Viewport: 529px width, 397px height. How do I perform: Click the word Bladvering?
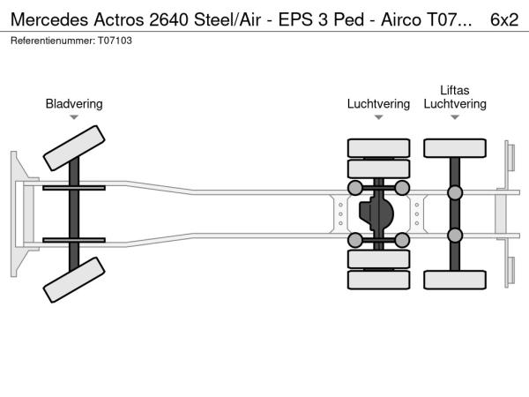(x=74, y=104)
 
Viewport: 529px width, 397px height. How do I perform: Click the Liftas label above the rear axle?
(x=455, y=90)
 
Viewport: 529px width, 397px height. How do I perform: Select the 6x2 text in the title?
(x=504, y=18)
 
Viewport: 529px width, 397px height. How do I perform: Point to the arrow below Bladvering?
(x=74, y=117)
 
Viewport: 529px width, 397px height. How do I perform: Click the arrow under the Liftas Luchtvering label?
(x=455, y=117)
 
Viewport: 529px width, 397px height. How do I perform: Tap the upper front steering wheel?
(x=74, y=147)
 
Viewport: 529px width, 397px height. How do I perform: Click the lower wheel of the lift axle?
(x=455, y=280)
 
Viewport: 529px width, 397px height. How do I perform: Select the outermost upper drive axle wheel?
(x=378, y=148)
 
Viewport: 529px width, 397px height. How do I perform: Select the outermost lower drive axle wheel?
(x=378, y=281)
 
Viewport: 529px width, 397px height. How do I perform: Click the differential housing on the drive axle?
(x=380, y=213)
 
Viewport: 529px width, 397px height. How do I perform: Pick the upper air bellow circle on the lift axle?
(x=455, y=193)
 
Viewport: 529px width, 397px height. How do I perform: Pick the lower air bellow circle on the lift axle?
(x=455, y=235)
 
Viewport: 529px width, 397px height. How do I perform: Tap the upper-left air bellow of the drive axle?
(x=355, y=188)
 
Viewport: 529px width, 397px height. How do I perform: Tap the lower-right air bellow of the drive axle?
(x=402, y=240)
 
